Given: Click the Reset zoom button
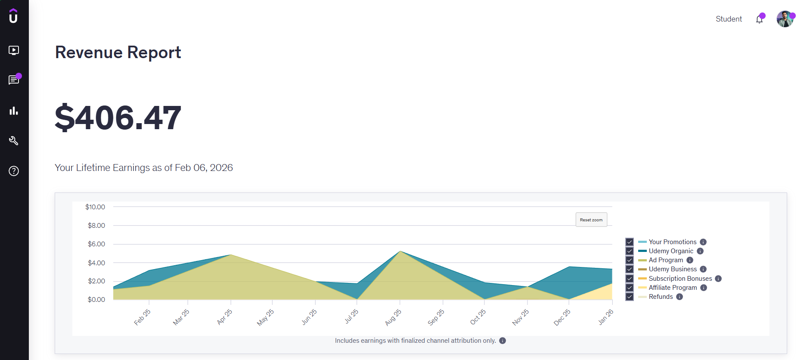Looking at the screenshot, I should [591, 220].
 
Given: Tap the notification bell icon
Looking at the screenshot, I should [759, 19].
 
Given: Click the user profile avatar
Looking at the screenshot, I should [785, 19].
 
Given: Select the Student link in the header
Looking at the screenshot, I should [729, 19].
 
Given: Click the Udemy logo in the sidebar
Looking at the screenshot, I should [13, 16].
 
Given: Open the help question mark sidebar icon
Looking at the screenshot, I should [14, 171].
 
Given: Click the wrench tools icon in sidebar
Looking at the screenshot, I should [14, 141].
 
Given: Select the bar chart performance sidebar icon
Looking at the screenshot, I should [14, 111].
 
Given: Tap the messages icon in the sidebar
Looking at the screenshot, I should [14, 80].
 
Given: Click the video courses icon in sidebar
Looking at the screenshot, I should [14, 50].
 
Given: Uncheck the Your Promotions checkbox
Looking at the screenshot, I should [630, 242].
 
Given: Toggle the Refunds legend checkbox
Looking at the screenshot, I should [630, 297].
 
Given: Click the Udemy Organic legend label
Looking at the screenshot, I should [671, 251].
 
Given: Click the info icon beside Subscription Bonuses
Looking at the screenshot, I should [718, 279].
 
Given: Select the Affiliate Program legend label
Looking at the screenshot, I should [673, 288].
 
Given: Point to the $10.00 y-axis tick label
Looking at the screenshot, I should [95, 207].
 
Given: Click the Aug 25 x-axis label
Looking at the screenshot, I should [393, 317].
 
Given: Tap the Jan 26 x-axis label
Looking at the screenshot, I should [605, 317].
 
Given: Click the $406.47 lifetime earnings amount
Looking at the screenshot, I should [118, 118].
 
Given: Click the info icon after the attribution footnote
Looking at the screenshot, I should [503, 341].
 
